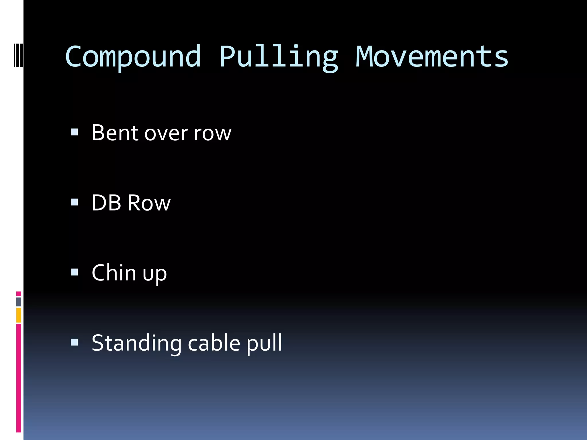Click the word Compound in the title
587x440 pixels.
point(133,57)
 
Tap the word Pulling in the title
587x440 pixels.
point(279,57)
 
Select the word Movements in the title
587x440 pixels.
point(432,57)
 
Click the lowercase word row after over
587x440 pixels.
point(212,134)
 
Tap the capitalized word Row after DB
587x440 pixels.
point(149,203)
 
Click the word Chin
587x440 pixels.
point(114,273)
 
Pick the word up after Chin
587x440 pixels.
point(155,274)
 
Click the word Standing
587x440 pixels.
point(136,343)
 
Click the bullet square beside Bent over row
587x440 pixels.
point(74,132)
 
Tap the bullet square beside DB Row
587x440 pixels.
point(74,202)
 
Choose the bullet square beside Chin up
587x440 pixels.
point(74,272)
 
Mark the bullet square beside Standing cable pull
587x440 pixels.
point(74,342)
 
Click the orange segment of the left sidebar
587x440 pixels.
point(19,315)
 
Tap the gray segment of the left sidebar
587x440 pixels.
point(19,302)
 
